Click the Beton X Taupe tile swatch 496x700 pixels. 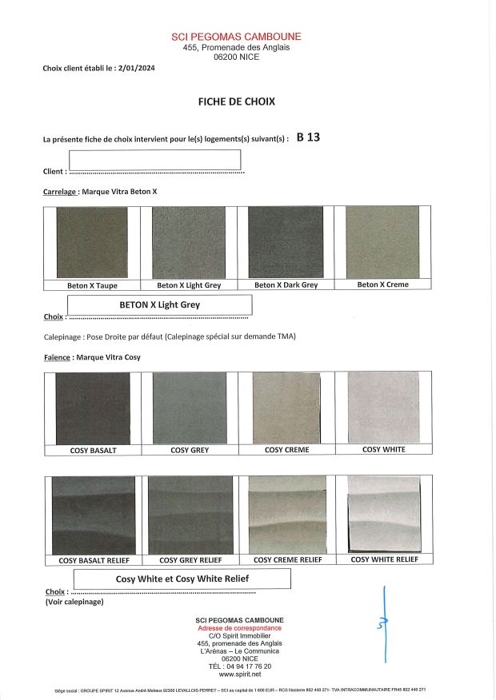point(92,242)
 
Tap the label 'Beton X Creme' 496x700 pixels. point(382,284)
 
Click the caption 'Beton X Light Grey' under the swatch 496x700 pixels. point(189,285)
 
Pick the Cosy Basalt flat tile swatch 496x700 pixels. point(93,408)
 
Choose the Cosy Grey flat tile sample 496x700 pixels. point(190,408)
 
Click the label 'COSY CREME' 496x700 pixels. point(286,450)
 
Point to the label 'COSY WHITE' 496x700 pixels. point(384,449)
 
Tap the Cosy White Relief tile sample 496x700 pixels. point(384,514)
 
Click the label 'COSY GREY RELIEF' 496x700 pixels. point(190,560)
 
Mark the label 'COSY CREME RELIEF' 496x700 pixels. point(287,560)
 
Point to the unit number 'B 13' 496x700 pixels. point(308,137)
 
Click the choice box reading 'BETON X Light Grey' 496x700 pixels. point(159,304)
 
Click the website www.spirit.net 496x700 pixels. point(239,674)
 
